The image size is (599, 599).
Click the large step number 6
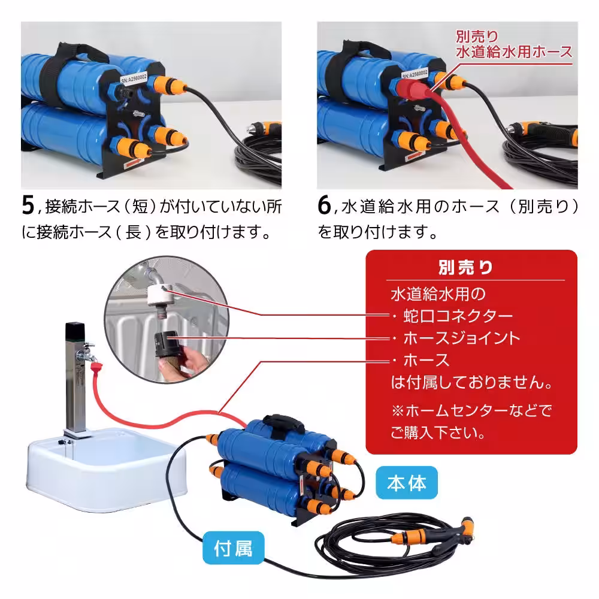pos(324,205)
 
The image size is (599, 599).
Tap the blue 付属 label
pos(232,547)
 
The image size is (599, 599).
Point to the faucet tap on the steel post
pos(90,349)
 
